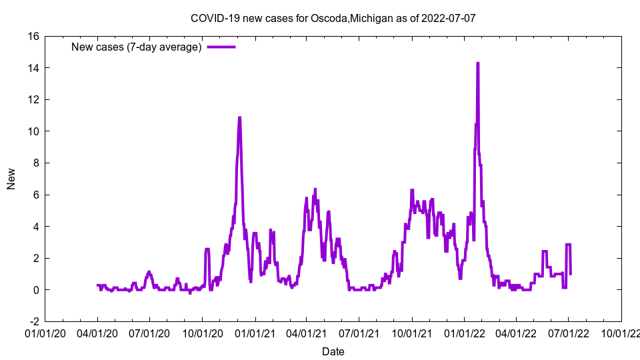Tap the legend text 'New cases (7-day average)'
[136, 47]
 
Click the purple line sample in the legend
[221, 47]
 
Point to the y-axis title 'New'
[11, 179]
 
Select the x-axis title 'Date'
[333, 351]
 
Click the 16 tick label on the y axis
[33, 36]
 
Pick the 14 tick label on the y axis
[33, 68]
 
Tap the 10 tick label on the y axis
[33, 131]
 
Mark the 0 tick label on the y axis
[36, 290]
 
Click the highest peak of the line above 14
[477, 63]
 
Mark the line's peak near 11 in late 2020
[239, 118]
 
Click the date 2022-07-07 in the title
[448, 18]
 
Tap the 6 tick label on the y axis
[36, 195]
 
